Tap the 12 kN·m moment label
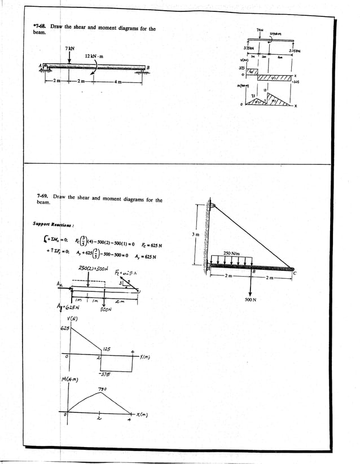tap(94, 56)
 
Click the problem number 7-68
tap(40, 27)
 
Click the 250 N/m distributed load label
tap(232, 253)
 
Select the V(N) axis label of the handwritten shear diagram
tap(71, 318)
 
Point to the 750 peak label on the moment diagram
tap(103, 389)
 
